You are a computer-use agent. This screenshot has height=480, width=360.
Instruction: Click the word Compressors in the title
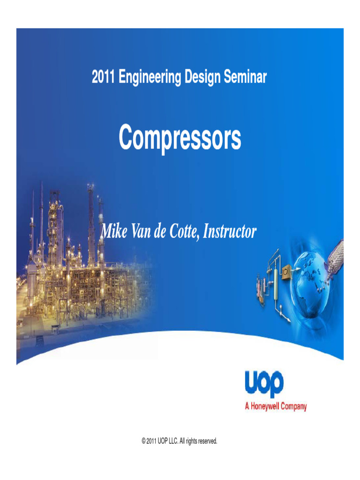(180, 138)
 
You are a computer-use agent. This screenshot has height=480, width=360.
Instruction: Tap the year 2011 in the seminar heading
(103, 77)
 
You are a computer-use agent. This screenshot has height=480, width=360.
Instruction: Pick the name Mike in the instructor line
(113, 232)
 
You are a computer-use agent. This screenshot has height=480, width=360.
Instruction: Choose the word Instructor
(231, 232)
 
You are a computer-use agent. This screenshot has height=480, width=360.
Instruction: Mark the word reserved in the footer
(207, 441)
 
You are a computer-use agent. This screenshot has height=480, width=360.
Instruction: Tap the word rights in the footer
(191, 441)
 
